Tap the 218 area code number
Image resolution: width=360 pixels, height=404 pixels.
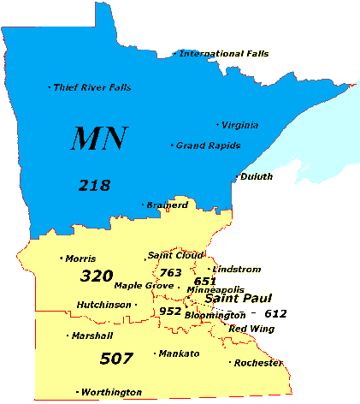coord(94,184)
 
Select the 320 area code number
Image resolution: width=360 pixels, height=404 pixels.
coord(97,276)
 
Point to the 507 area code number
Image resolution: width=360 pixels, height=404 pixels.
coord(117,357)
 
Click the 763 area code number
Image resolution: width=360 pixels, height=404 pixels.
coord(170,272)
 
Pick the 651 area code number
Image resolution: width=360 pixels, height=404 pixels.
coord(205,281)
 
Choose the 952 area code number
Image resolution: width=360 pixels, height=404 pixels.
coord(170,311)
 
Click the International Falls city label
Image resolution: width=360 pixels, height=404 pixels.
coord(223,54)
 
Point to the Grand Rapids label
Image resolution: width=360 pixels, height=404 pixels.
coord(208,146)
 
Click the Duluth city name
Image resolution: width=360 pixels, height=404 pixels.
coord(257,177)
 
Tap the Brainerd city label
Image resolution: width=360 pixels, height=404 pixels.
coord(167,205)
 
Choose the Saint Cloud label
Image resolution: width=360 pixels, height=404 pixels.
coord(175,255)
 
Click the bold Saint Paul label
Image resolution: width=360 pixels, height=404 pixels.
coord(238,299)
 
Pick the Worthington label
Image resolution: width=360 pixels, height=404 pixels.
coord(112,392)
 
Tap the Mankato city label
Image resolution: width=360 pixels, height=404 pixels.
coord(180,353)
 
